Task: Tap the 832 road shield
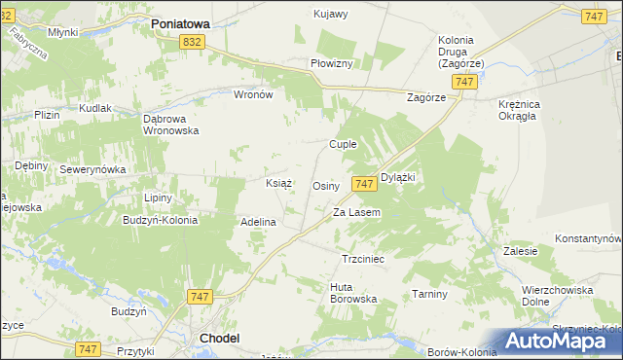pos(192,41)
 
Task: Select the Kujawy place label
pos(331,14)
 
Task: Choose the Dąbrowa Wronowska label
pos(170,124)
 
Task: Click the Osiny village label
pos(325,185)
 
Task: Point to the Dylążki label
pos(398,177)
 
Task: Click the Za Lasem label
pos(356,212)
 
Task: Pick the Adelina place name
pos(259,222)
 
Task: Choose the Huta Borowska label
pos(353,293)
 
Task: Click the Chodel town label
pos(219,338)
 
